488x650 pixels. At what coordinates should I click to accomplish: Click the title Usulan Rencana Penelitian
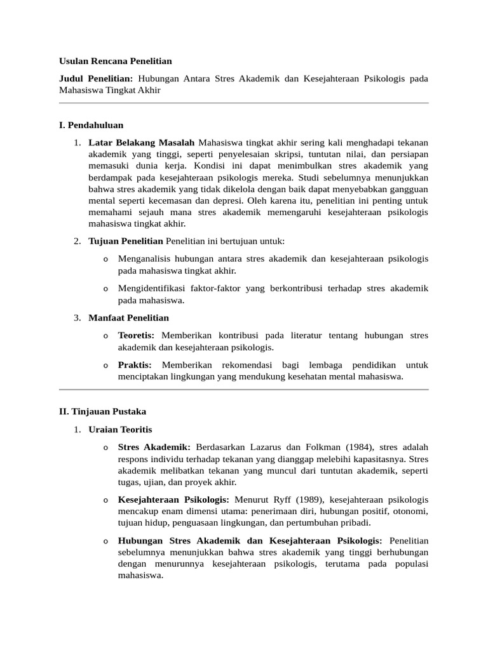(115, 61)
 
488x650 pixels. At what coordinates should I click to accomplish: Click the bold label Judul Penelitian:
(95, 79)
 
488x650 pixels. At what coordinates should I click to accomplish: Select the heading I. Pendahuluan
(91, 124)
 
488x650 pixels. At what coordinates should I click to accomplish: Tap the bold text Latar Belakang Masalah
(141, 142)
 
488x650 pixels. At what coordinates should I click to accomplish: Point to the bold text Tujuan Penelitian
(126, 241)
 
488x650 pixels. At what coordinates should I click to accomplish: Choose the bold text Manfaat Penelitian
(128, 317)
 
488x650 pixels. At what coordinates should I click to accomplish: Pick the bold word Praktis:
(135, 365)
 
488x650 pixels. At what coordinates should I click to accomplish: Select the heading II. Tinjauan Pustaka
(102, 412)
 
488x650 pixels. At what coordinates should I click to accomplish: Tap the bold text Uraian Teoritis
(120, 430)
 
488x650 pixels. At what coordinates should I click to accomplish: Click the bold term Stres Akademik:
(154, 448)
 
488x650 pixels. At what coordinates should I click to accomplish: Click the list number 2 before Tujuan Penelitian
(76, 241)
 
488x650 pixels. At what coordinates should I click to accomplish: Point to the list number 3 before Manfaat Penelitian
(76, 317)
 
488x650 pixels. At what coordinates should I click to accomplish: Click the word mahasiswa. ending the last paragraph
(140, 576)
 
